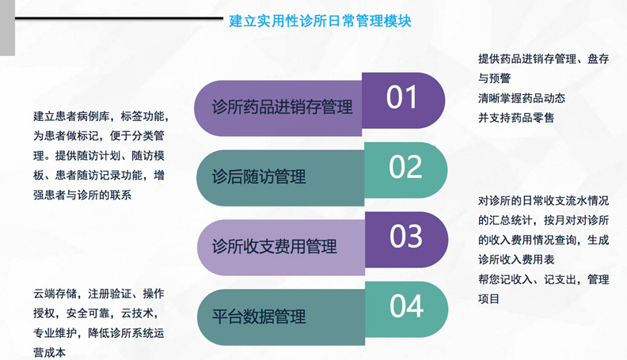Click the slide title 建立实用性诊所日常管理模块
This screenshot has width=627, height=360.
click(320, 21)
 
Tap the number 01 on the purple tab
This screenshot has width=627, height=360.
click(402, 97)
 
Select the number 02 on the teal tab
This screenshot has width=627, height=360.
click(405, 167)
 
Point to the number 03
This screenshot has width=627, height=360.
click(406, 236)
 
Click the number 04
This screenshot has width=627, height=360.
click(407, 306)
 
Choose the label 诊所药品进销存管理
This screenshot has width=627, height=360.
click(283, 107)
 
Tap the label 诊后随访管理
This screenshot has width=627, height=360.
click(259, 176)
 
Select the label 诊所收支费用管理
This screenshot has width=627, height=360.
click(274, 246)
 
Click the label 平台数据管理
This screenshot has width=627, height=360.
click(259, 316)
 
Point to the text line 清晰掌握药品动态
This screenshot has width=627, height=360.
click(522, 98)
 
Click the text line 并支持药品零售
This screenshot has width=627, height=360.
click(516, 118)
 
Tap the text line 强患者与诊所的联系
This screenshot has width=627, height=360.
click(82, 195)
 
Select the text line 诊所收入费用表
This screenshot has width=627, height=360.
click(516, 260)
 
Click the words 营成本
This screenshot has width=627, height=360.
click(50, 353)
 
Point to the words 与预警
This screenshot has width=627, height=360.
click(494, 78)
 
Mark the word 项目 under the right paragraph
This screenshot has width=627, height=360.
click(488, 299)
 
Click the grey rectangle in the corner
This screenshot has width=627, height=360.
click(7, 28)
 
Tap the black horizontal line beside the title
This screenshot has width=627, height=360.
click(119, 18)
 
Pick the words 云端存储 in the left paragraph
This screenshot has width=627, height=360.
click(55, 294)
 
